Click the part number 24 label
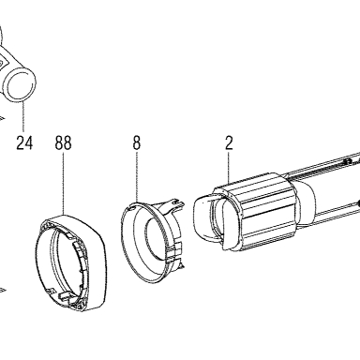(x=24, y=143)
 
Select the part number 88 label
(x=64, y=143)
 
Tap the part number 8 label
(x=137, y=143)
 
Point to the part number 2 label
(x=229, y=143)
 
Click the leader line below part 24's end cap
(x=23, y=115)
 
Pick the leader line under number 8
(x=137, y=177)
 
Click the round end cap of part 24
(x=21, y=85)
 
